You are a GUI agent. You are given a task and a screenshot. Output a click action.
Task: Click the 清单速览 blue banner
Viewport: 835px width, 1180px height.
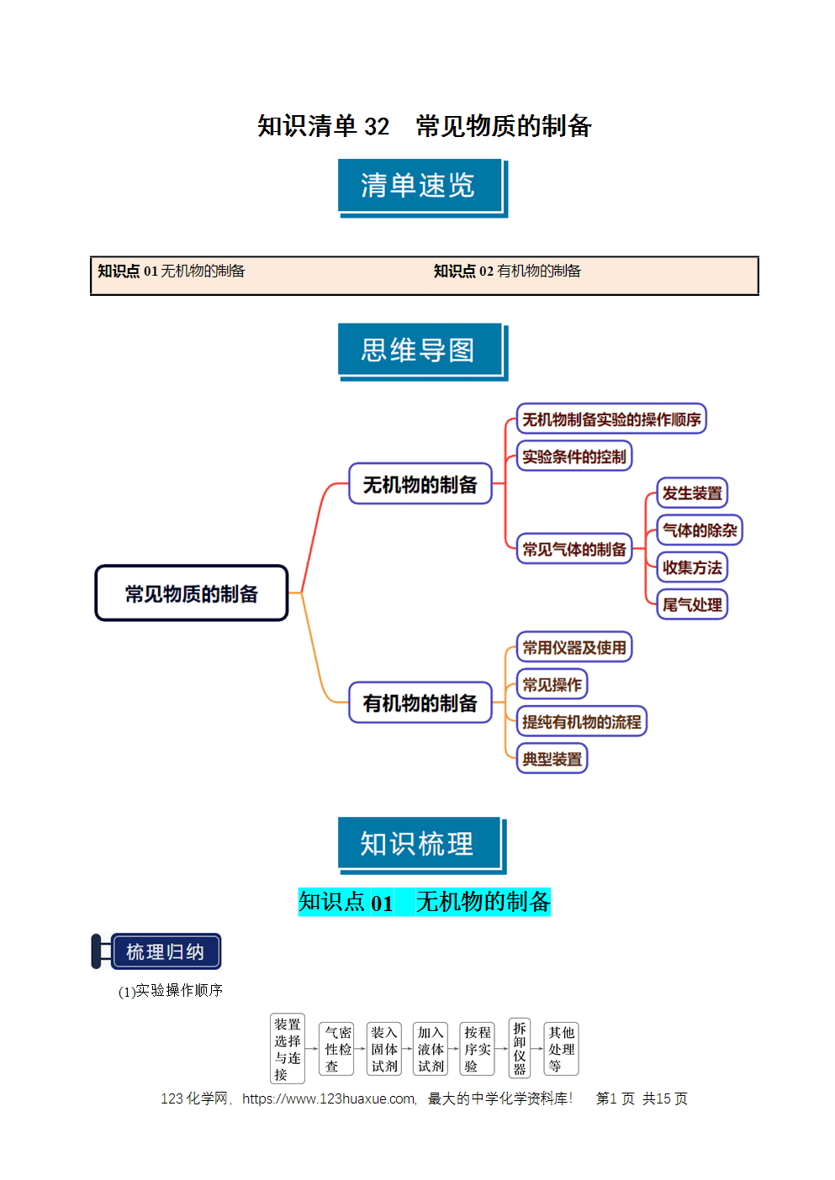[x=423, y=187]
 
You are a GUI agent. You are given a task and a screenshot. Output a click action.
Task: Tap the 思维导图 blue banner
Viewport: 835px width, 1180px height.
[x=423, y=351]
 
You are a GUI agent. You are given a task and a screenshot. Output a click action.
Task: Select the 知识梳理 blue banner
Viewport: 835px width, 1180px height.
[x=422, y=845]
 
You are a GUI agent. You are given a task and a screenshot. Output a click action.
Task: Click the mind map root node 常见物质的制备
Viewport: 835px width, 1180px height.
[x=192, y=593]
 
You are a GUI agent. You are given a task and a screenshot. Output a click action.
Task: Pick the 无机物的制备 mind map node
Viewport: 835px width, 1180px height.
[x=420, y=483]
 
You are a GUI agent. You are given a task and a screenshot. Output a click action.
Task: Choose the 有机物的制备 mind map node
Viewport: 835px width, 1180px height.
[x=420, y=703]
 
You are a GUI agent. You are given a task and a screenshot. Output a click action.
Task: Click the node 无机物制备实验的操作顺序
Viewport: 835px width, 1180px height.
[x=611, y=419]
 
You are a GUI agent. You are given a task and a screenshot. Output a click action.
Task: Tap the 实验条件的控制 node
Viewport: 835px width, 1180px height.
[x=574, y=456]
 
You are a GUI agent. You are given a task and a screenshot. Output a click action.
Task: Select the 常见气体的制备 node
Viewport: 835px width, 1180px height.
[x=574, y=548]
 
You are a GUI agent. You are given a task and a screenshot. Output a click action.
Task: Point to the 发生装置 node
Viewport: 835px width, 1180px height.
[x=692, y=493]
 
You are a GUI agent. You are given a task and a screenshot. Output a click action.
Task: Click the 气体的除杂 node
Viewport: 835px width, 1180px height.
[x=700, y=529]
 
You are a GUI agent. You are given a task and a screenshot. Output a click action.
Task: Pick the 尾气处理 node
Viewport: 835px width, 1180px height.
[x=692, y=604]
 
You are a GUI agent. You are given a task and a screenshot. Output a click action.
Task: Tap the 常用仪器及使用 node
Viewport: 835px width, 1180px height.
[x=574, y=646]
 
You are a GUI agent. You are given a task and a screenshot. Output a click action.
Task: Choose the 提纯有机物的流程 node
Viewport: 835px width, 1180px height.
[x=581, y=721]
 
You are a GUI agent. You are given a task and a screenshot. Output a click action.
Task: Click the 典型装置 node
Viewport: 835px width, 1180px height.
[x=552, y=758]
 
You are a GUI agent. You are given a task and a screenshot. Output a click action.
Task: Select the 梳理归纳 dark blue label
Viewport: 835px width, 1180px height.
[x=165, y=951]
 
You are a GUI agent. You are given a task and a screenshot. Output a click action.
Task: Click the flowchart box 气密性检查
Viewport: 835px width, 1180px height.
[x=336, y=1048]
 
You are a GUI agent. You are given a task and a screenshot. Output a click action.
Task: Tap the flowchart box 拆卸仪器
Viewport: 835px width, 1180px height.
[x=519, y=1048]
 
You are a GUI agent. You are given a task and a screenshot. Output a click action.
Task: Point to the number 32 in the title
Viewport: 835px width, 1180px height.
[x=377, y=127]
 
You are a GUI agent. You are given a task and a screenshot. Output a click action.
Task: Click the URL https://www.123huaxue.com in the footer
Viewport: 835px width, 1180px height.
[x=329, y=1098]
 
